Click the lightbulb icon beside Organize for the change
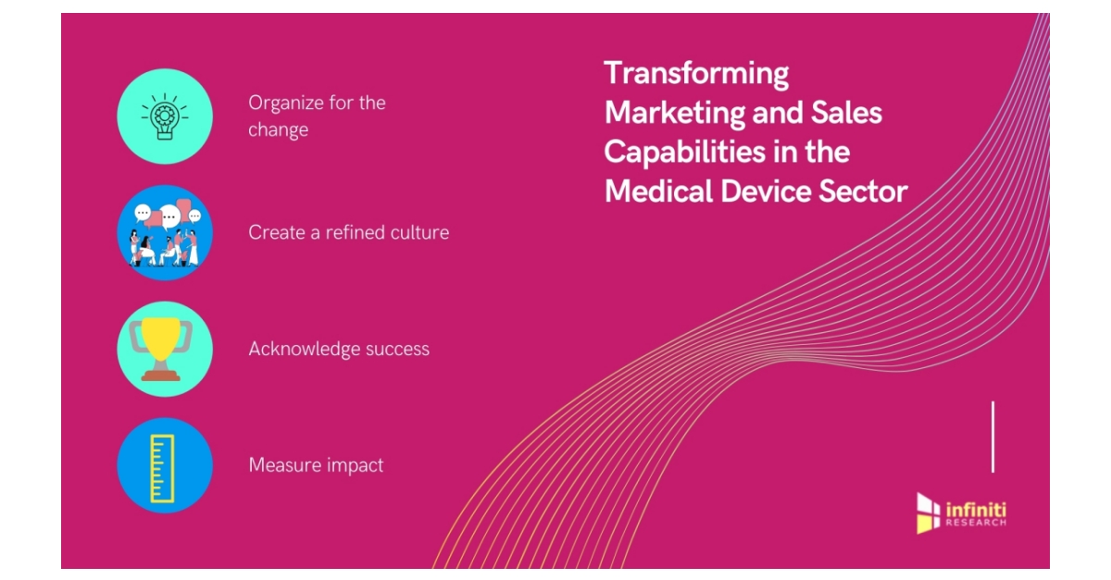(x=165, y=117)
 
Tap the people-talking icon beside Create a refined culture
(x=165, y=233)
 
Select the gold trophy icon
(x=165, y=349)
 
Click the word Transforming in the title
(x=696, y=73)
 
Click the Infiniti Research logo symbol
(x=928, y=512)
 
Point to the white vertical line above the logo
(x=992, y=437)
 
